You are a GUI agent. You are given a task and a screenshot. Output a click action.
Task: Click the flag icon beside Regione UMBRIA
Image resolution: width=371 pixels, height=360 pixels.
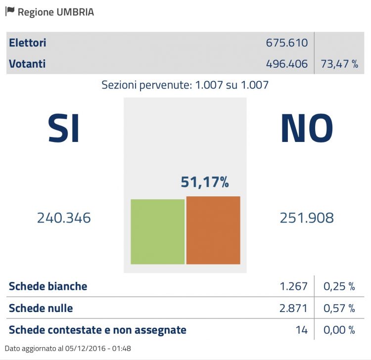point(10,11)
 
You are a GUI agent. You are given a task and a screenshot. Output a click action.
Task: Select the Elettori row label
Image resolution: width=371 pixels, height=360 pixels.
point(28,43)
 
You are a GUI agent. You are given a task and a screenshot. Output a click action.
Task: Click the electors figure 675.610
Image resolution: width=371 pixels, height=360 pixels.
point(287,43)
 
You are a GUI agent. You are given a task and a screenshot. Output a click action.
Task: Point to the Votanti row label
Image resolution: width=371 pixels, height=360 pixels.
point(27,64)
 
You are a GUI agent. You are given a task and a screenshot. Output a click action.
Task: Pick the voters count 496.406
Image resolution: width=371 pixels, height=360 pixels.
point(287,64)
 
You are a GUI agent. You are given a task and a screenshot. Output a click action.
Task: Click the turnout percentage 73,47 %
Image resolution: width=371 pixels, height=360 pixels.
point(339,64)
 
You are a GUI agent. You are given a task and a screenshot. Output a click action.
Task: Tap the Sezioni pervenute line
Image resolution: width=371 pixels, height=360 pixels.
point(185,85)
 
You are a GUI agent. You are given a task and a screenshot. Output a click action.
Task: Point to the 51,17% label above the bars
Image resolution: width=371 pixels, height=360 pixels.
point(205,182)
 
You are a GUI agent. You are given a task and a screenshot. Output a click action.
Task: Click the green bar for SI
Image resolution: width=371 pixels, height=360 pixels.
point(157,231)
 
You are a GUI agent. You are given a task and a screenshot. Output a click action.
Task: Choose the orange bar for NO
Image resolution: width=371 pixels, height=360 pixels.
point(213,230)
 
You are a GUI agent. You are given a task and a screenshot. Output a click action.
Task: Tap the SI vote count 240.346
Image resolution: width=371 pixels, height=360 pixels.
point(64,218)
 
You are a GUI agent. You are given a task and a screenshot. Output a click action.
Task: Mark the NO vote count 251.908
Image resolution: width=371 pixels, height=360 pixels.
point(307,218)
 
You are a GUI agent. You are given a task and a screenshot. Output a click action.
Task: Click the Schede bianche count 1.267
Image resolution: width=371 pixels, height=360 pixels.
point(293,286)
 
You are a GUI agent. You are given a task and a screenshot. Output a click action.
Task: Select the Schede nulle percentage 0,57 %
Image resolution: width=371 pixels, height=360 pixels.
point(339,309)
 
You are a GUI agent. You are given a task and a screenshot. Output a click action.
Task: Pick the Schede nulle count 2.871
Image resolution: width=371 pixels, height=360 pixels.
point(293,309)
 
